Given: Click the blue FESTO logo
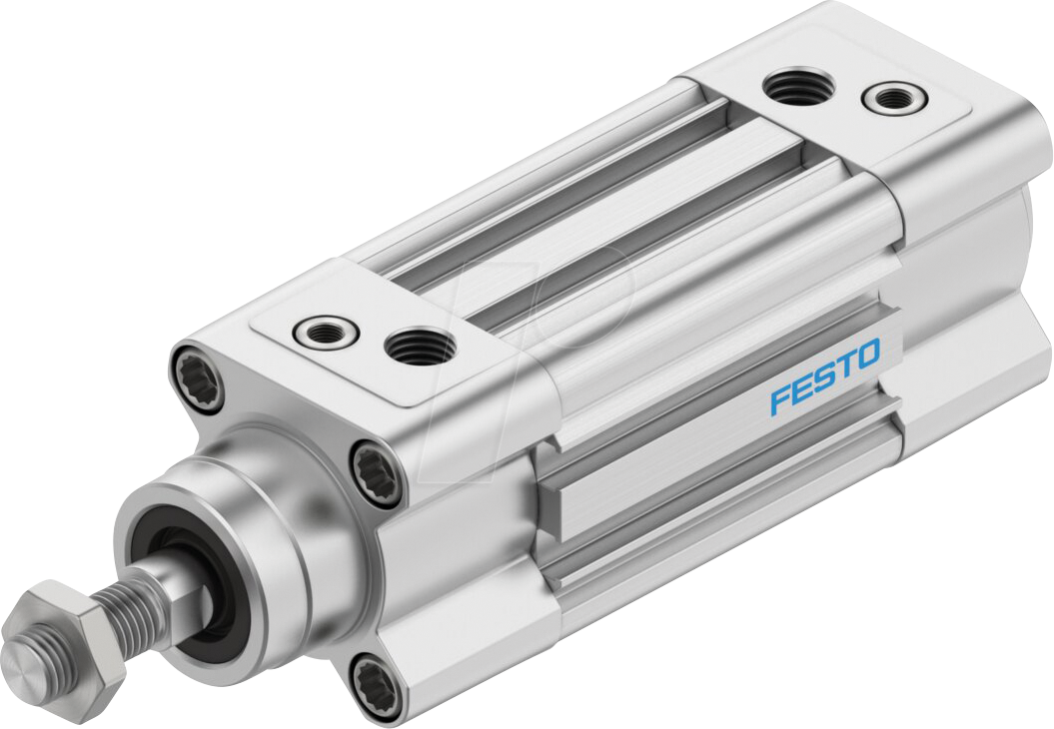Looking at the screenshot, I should [x=824, y=375].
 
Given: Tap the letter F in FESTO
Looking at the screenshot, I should [x=779, y=399].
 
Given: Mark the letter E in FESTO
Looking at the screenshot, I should [x=801, y=388].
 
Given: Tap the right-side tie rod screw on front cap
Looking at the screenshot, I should [x=378, y=469].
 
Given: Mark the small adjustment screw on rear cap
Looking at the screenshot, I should [x=893, y=98].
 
